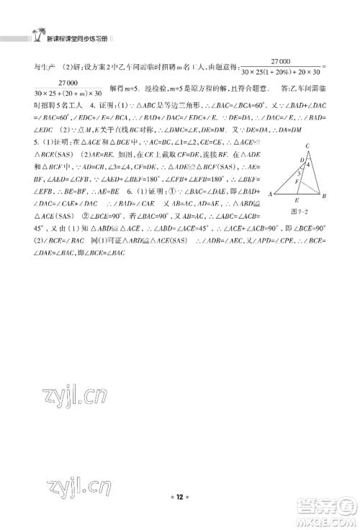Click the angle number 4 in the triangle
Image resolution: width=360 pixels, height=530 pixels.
click(309, 164)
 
